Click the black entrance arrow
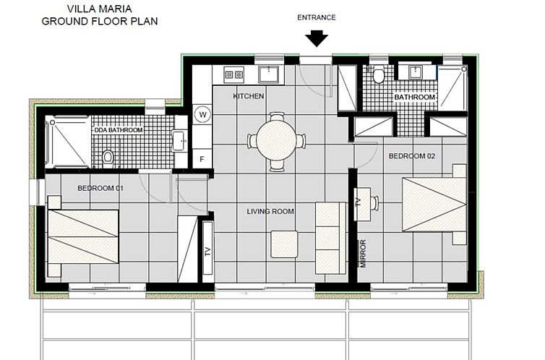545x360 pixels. click(317, 38)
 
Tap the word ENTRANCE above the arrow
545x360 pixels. click(317, 18)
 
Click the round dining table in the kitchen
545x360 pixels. click(276, 140)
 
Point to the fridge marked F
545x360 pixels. click(202, 159)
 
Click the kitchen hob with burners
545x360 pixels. click(234, 74)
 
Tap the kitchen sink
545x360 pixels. click(268, 74)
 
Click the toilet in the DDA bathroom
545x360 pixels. click(108, 156)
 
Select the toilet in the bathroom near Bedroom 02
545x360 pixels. click(379, 75)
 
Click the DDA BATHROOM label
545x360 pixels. click(118, 130)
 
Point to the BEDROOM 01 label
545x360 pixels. click(100, 189)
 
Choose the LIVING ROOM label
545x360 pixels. click(270, 211)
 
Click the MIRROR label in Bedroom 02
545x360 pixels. click(363, 253)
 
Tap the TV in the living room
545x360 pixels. click(208, 252)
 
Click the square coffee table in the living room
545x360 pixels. click(284, 244)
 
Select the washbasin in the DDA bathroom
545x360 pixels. click(179, 140)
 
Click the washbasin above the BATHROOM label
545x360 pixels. click(416, 72)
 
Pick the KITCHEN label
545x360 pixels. click(249, 96)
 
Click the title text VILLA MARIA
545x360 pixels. click(100, 9)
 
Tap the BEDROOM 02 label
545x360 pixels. click(412, 156)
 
